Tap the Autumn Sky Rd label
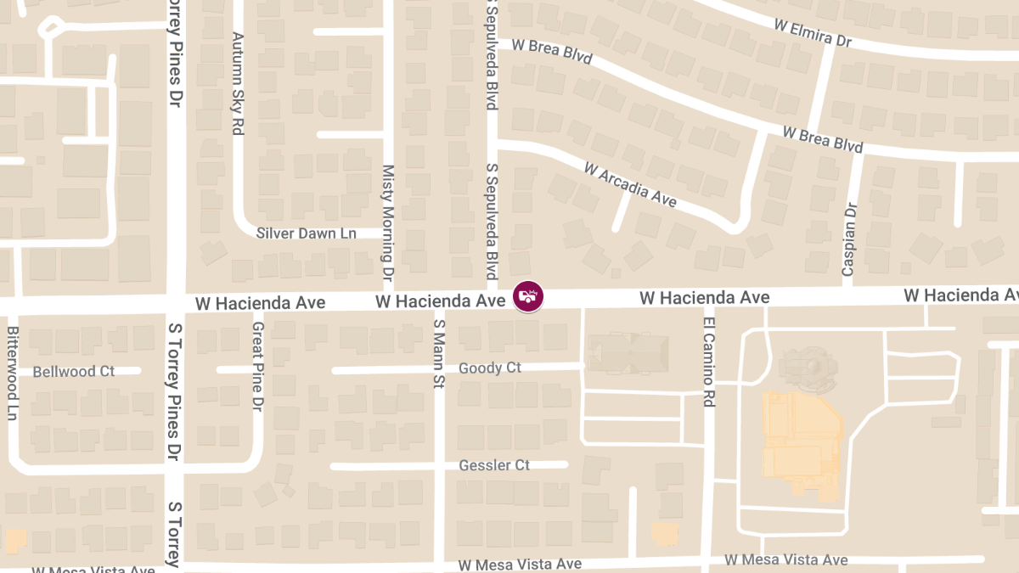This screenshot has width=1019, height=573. coord(238,84)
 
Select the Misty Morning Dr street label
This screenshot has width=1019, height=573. coord(387,223)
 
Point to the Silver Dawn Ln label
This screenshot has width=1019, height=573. coord(307,233)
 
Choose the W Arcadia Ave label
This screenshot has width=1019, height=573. coord(630,184)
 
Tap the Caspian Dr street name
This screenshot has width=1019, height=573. coord(848,239)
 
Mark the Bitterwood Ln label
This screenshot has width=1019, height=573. coord(13,373)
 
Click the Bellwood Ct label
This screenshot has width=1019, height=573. coord(73,372)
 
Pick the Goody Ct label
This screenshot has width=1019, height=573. coord(490,368)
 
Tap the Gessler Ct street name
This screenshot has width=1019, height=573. coord(494,465)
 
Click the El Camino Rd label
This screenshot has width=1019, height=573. coord(709,361)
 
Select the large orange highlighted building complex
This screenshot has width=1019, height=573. coord(800,441)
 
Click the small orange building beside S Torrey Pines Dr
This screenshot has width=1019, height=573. coord(15,541)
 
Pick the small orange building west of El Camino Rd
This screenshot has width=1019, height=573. coord(665,533)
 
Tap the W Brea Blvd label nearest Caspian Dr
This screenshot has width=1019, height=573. coord(823,140)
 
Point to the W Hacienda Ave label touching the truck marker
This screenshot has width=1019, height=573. coord(441,301)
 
